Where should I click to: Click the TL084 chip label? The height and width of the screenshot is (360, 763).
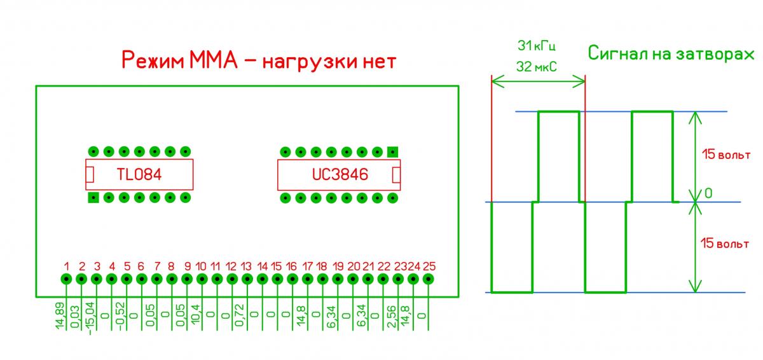(139, 175)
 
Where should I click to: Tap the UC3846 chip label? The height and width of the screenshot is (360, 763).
(340, 175)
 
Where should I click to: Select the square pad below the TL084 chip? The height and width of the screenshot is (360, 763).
(93, 197)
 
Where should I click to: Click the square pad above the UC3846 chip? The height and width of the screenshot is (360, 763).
(392, 152)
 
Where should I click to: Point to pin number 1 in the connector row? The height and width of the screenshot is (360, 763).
(66, 279)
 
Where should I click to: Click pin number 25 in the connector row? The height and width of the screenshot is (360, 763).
(429, 279)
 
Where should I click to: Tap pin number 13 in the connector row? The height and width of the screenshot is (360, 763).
(247, 279)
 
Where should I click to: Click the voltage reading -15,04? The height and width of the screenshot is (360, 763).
(90, 317)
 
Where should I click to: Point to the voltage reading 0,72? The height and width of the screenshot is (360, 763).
(241, 313)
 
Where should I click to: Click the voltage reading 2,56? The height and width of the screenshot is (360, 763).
(392, 314)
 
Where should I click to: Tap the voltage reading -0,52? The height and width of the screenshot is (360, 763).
(121, 313)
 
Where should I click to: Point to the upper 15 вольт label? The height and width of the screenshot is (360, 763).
(725, 155)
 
